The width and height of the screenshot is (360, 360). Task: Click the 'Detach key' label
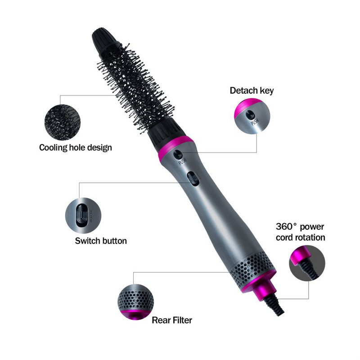point(252,90)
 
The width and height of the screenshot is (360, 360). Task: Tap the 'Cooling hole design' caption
point(75,147)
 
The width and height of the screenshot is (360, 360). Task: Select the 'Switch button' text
point(101,241)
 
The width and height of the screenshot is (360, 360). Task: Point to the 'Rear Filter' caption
point(172,320)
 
